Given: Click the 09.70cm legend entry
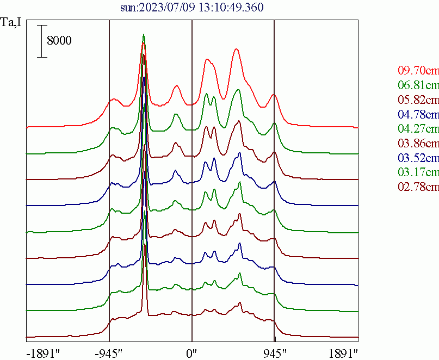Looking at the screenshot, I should (x=418, y=71).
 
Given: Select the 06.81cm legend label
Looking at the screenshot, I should (x=418, y=85).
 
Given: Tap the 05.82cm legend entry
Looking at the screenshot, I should (x=418, y=100).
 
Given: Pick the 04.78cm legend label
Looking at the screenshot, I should (x=418, y=114).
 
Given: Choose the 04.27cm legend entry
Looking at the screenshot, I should (x=418, y=129).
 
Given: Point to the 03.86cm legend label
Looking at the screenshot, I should (x=418, y=144).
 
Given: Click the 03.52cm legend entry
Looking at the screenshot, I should (x=418, y=158).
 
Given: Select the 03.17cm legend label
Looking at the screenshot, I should (x=418, y=173).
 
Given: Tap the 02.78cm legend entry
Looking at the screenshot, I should (x=418, y=188).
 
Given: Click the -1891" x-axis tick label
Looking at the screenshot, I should (x=43, y=353).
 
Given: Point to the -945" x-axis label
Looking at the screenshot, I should (x=110, y=353).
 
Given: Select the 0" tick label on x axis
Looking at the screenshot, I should (x=192, y=353).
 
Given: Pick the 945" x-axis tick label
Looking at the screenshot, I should (x=274, y=353).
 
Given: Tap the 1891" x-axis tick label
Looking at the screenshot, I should (x=343, y=353).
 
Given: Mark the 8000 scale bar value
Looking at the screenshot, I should (x=59, y=41).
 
